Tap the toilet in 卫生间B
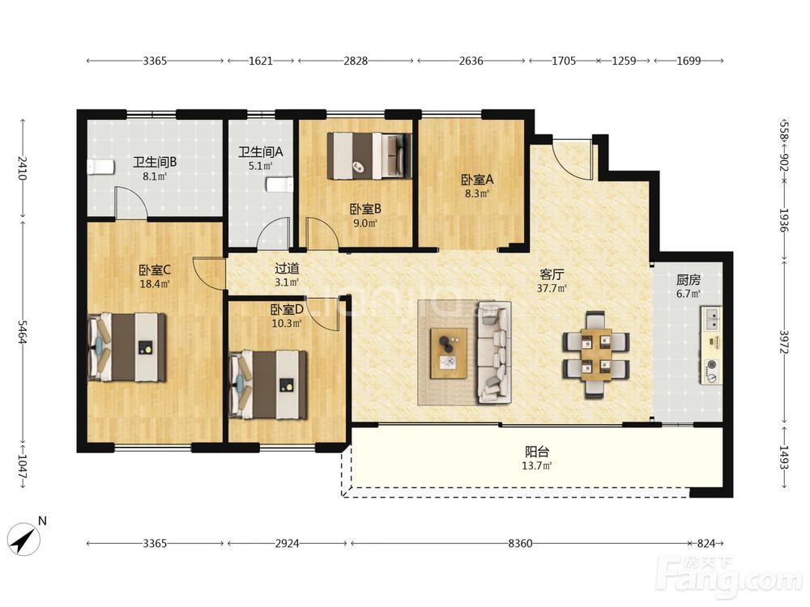pyautogui.click(x=100, y=168)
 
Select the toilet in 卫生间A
pyautogui.click(x=279, y=185)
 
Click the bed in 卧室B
pyautogui.click(x=369, y=156)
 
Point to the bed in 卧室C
pyautogui.click(x=127, y=347)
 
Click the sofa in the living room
pyautogui.click(x=494, y=353)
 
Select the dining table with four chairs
pyautogui.click(x=595, y=354)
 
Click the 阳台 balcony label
pyautogui.click(x=537, y=452)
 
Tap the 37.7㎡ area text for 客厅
pyautogui.click(x=551, y=289)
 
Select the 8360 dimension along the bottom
pyautogui.click(x=520, y=543)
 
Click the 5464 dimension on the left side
pyautogui.click(x=23, y=332)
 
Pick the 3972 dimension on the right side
pyautogui.click(x=784, y=342)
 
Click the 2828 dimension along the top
pyautogui.click(x=356, y=61)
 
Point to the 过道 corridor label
pyautogui.click(x=287, y=269)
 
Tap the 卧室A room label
pyautogui.click(x=477, y=180)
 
